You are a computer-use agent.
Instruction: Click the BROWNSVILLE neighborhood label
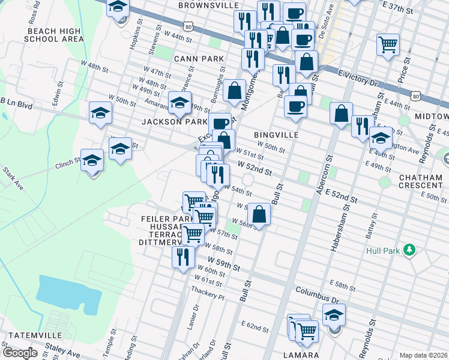[208, 5]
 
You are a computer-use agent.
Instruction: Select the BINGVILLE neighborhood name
[276, 135]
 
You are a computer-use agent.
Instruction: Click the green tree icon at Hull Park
[409, 248]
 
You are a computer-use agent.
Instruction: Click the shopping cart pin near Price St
[388, 44]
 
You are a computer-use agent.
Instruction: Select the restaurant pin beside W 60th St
[183, 257]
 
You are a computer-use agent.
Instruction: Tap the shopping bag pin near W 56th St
[259, 213]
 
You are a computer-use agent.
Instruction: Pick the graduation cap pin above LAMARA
[334, 315]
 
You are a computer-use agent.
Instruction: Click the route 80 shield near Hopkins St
[188, 28]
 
